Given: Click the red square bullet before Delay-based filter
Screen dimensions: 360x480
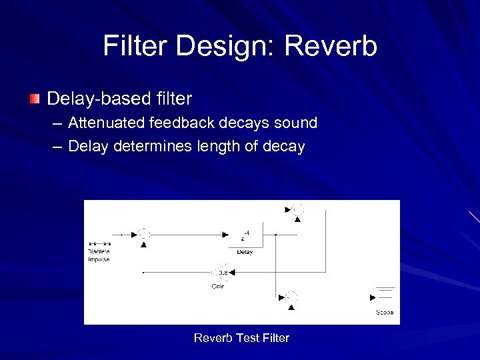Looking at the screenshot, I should (35, 99).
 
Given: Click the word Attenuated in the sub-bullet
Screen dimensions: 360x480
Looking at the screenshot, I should (107, 123).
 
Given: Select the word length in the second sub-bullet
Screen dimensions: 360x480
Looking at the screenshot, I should (219, 147).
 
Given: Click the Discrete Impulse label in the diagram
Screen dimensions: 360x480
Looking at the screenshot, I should (99, 255).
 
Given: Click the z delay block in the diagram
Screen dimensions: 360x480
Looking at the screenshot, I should (245, 235).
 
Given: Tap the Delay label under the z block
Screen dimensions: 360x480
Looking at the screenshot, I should (245, 252).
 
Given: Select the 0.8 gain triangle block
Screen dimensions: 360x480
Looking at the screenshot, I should (221, 272).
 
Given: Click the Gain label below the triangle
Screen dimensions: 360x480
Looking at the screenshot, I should (218, 286).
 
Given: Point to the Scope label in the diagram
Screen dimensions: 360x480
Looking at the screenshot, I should (385, 312).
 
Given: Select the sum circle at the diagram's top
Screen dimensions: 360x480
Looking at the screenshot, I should (297, 209).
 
